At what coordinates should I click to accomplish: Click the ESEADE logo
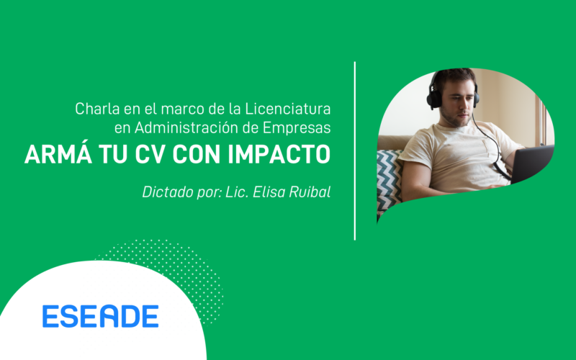[100, 316]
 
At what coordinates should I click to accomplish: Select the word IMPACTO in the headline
[279, 155]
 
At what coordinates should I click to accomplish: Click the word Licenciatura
[288, 109]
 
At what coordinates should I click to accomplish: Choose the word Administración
[186, 128]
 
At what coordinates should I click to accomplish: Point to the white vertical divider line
[355, 151]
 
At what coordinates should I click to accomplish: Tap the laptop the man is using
[532, 164]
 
